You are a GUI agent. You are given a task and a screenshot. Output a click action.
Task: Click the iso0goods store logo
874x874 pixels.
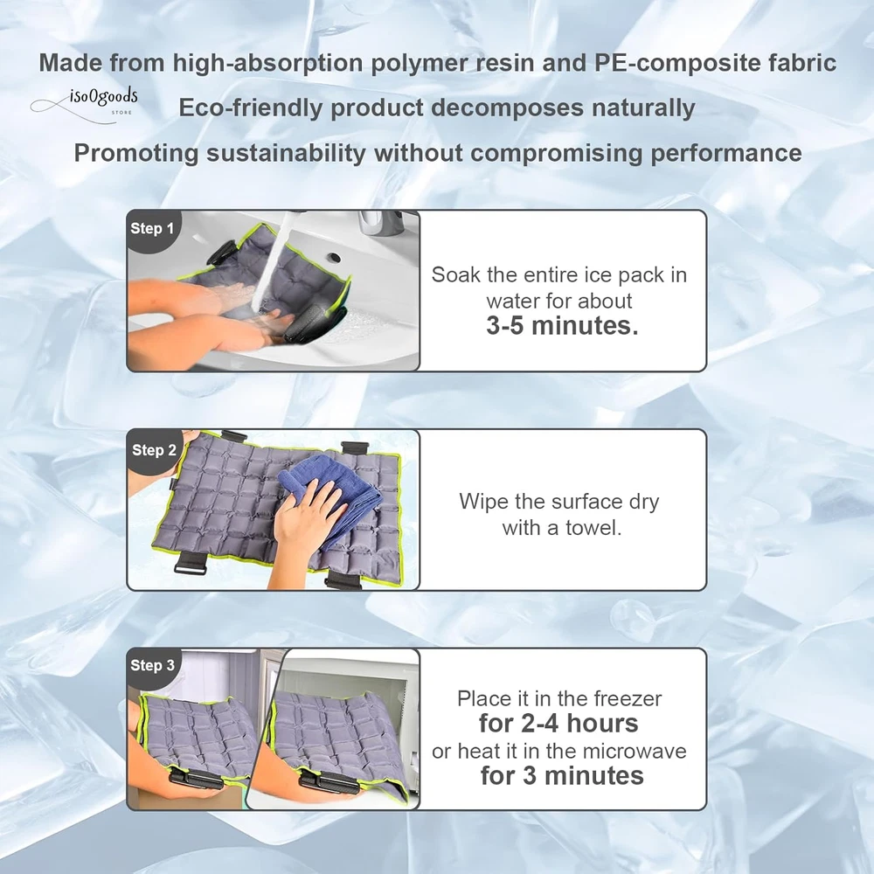tap(86, 104)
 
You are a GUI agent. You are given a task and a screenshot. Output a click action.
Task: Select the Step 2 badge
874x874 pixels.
tap(154, 450)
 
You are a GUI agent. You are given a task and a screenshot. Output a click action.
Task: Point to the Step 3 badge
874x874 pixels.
tap(152, 666)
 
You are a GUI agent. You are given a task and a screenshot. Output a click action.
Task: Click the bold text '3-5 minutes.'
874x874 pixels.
tap(562, 325)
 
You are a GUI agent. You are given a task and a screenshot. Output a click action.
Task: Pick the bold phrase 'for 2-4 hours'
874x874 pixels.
tap(558, 724)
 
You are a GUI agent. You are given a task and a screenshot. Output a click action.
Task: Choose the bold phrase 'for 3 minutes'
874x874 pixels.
tap(562, 776)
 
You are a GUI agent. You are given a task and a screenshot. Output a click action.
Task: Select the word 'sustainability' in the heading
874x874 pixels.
tap(286, 153)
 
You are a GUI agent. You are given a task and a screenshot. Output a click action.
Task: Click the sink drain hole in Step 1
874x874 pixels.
tap(335, 257)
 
